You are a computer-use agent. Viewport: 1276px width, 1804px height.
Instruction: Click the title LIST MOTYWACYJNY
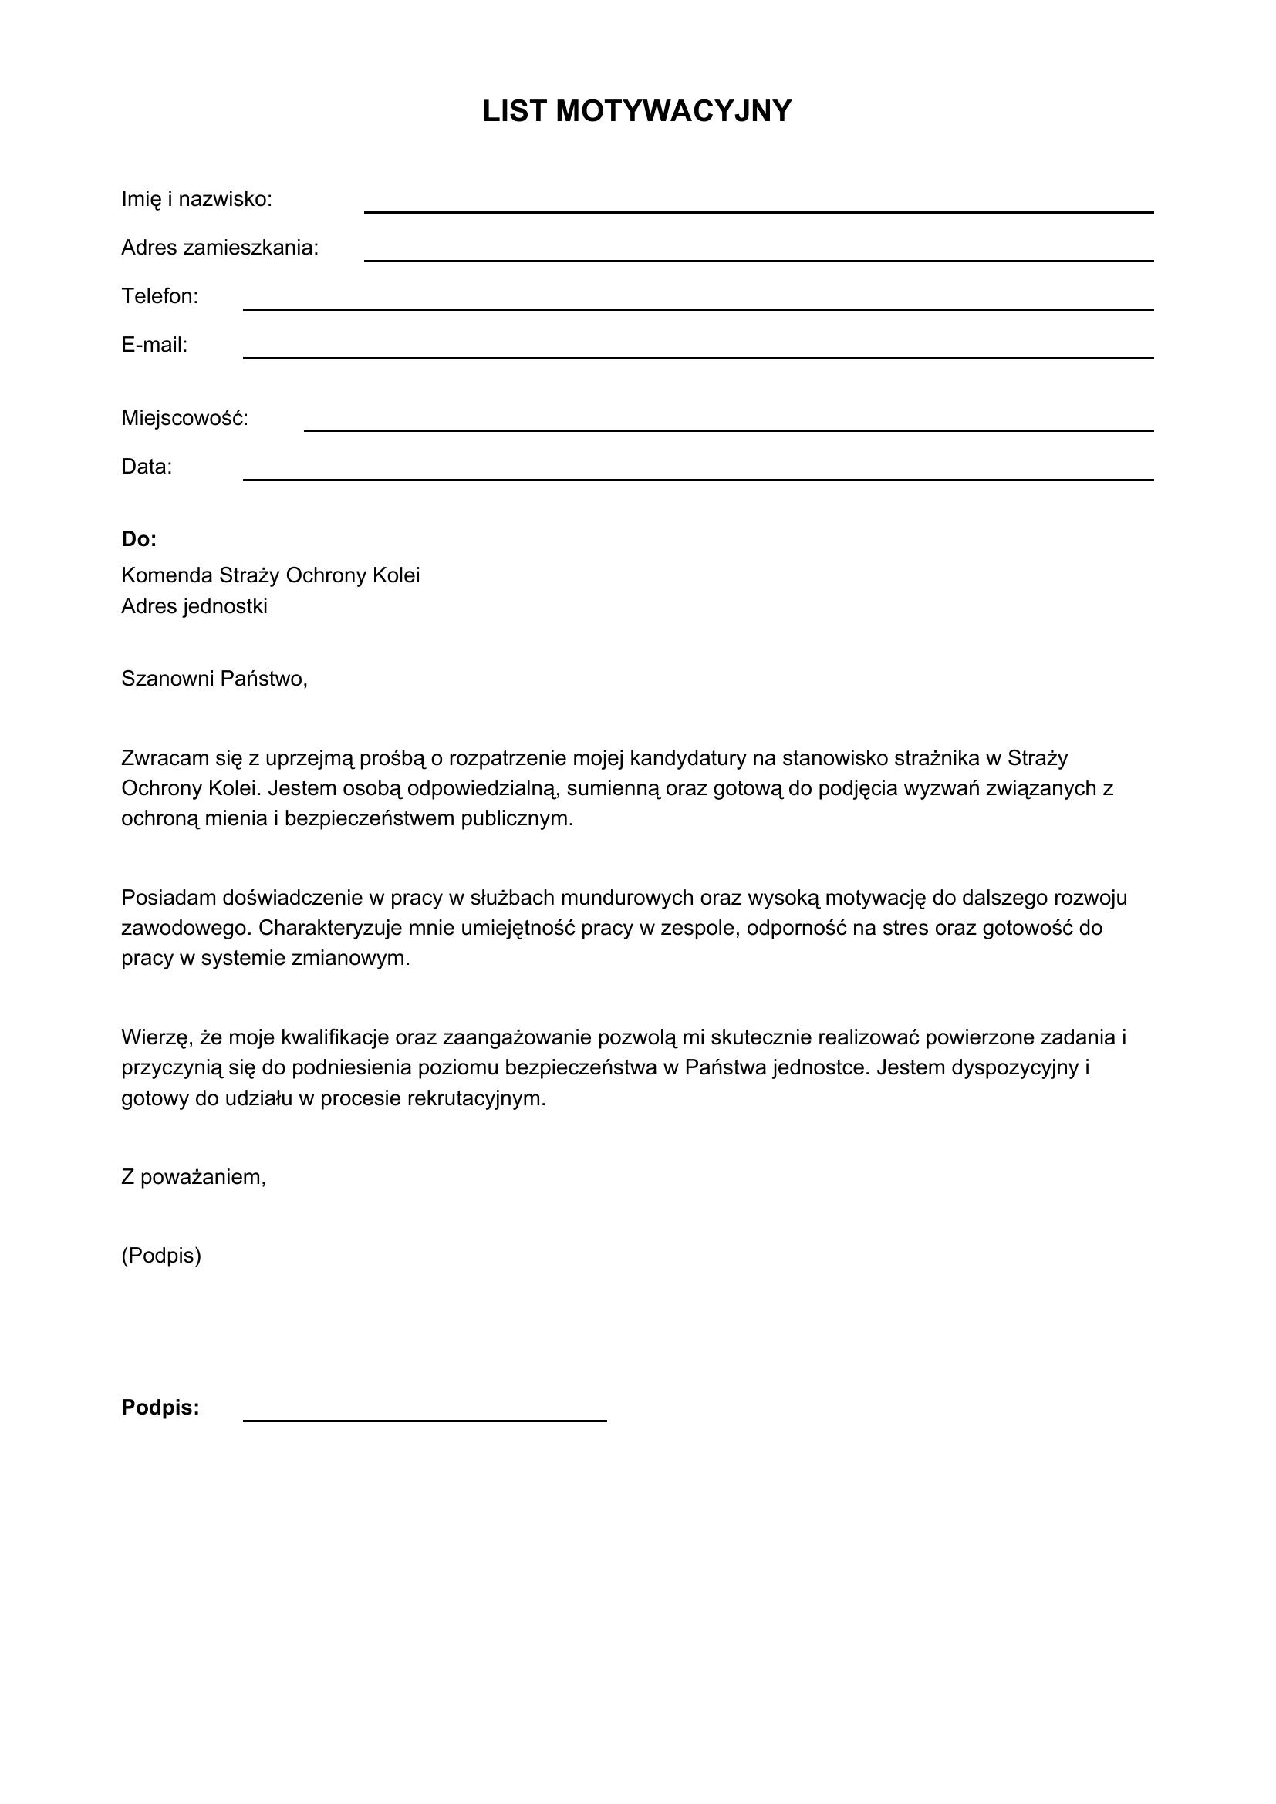[637, 112]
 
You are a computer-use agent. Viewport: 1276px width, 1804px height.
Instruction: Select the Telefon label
[160, 296]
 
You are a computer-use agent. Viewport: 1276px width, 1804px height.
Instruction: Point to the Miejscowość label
[184, 419]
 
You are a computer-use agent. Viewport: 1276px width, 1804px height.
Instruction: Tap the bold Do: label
[139, 539]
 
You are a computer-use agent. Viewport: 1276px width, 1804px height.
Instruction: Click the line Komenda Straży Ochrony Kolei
[270, 576]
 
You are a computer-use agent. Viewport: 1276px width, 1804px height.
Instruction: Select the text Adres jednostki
[194, 606]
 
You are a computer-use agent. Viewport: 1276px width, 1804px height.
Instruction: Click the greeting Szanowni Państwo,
[214, 679]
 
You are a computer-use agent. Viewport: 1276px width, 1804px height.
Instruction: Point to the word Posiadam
[168, 897]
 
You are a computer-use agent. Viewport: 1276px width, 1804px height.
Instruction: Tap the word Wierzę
[157, 1038]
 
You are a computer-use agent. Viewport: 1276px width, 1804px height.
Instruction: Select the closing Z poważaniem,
[194, 1177]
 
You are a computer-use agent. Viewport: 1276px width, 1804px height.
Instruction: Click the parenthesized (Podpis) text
[161, 1256]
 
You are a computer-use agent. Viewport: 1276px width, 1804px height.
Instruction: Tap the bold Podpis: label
[160, 1408]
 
